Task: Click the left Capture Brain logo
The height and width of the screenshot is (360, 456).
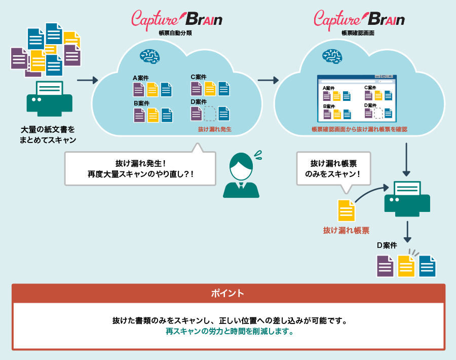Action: [176, 19]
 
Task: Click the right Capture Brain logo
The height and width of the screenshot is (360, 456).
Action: [359, 19]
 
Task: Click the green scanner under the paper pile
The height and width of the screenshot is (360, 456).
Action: [49, 99]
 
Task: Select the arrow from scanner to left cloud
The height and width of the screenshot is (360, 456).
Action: [87, 80]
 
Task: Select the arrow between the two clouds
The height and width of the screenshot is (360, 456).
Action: [269, 80]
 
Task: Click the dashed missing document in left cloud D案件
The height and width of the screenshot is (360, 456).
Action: [210, 114]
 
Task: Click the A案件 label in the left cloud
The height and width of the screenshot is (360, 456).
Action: [140, 78]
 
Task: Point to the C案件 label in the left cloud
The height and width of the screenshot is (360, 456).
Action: [198, 77]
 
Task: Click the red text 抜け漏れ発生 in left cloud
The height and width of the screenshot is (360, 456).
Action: [214, 129]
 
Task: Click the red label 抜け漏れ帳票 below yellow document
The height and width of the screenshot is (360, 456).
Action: [346, 230]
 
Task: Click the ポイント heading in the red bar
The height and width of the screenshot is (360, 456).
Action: [228, 293]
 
